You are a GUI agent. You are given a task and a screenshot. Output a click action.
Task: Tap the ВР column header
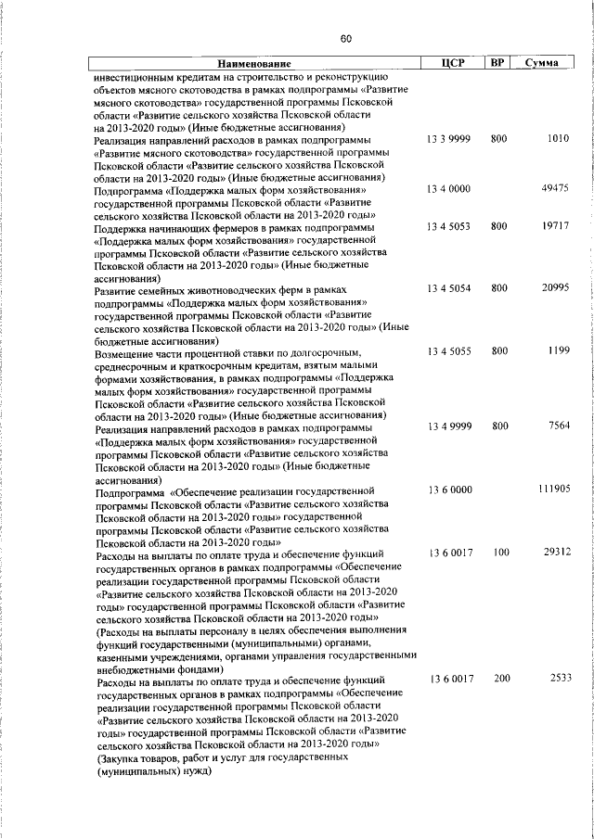pos(497,63)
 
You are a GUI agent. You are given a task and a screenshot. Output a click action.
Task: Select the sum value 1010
pos(557,139)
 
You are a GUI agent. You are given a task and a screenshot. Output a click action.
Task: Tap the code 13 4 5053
pos(449,226)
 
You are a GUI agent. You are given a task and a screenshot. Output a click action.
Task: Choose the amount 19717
pos(554,226)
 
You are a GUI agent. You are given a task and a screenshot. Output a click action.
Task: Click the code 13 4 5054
pos(449,289)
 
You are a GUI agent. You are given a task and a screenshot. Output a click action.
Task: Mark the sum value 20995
pos(554,289)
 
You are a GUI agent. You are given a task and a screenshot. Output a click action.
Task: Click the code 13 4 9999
pos(449,427)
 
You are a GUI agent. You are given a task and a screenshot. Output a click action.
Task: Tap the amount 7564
pos(557,427)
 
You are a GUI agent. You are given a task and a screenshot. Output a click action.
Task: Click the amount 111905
pos(552,489)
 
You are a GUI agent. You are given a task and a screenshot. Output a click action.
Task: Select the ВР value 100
pos(501,553)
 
